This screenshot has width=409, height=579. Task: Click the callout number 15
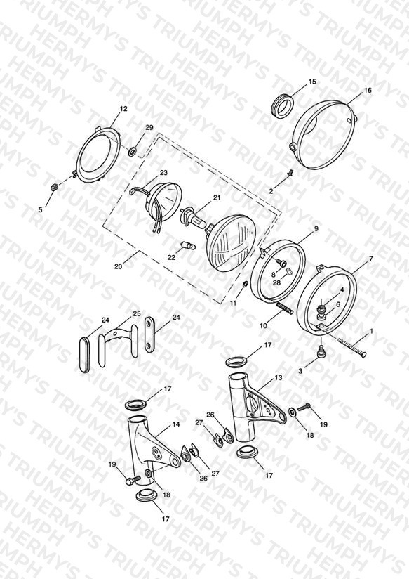312,82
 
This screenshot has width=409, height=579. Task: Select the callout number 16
368,90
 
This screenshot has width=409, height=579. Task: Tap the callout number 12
123,109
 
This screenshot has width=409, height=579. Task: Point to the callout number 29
149,127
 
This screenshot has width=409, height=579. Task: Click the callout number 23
163,172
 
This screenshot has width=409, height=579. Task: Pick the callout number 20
118,266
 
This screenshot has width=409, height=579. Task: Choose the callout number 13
278,378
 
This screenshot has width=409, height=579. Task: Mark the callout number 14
176,424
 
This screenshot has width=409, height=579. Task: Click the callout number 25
137,314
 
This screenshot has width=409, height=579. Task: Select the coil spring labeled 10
285,308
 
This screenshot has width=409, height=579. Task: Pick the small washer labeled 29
132,151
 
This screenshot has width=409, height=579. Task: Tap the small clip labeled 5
54,186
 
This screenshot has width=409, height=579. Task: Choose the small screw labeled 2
290,172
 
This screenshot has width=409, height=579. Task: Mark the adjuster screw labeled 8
283,263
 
